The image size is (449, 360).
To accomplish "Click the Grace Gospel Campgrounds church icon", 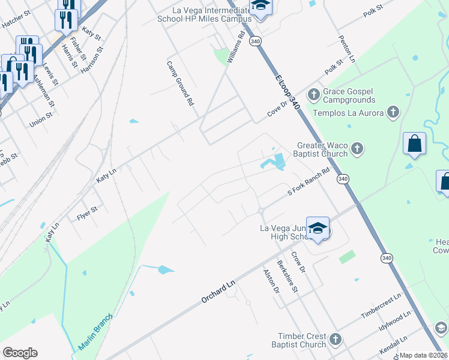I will pyautogui.click(x=313, y=94).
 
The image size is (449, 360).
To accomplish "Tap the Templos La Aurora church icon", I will pyautogui.click(x=393, y=112).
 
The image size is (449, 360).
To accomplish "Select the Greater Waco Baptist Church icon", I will pyautogui.click(x=357, y=148).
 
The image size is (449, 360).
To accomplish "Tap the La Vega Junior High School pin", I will pyautogui.click(x=318, y=228).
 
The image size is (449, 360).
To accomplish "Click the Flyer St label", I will pyautogui.click(x=87, y=214).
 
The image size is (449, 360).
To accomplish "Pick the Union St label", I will pyautogui.click(x=41, y=119).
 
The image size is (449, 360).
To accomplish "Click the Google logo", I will pyautogui.click(x=20, y=353).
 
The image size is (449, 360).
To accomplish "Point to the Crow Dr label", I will pyautogui.click(x=298, y=262).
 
